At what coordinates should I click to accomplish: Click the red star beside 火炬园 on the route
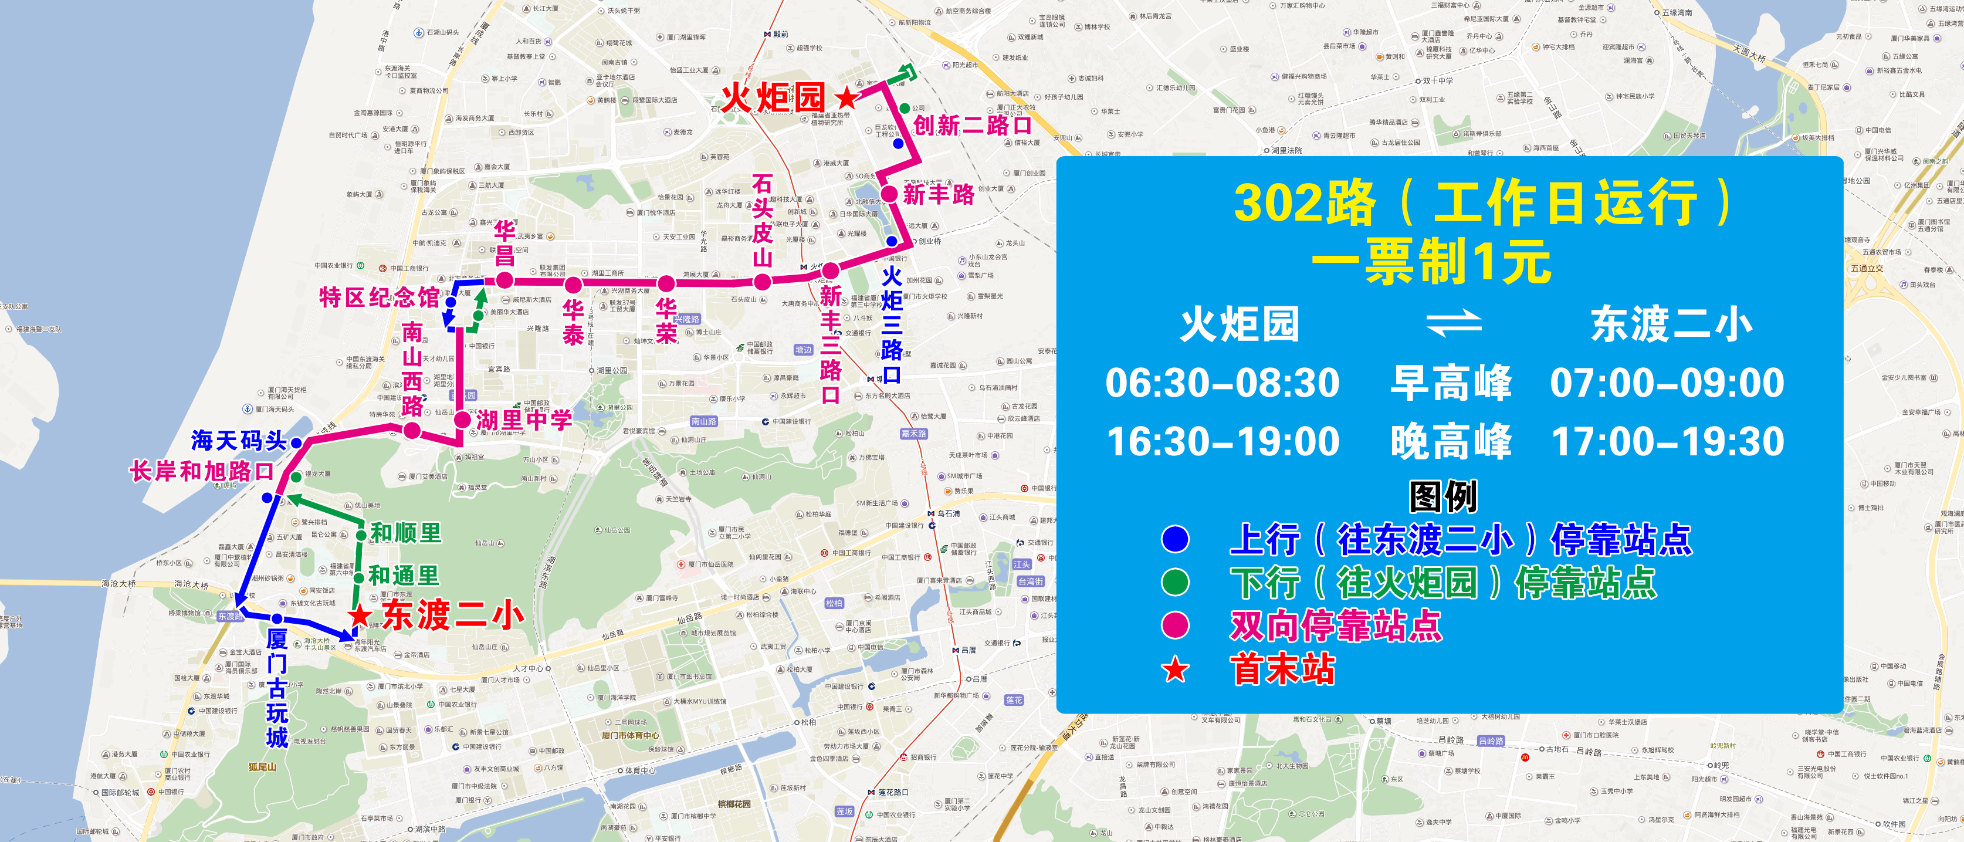coord(846,97)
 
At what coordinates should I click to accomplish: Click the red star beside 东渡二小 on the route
coord(360,616)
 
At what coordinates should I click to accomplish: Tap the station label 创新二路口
coord(971,124)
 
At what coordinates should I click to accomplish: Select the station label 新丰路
coord(938,194)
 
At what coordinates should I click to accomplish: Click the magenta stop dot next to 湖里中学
coord(462,420)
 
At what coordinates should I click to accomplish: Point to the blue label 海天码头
coord(238,441)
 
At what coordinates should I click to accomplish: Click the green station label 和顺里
coord(405,532)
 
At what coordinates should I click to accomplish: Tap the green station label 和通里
coord(404,575)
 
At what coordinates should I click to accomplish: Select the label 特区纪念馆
coord(379,297)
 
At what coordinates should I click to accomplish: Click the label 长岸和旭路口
coord(201,471)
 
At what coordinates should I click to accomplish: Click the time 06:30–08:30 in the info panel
coord(1222,383)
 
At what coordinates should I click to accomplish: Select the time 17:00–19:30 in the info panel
coord(1667,442)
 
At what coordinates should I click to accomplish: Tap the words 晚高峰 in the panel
coord(1450,442)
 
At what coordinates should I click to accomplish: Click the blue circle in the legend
coord(1175,539)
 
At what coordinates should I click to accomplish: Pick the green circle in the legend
coord(1175,582)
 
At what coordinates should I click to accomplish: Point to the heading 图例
coord(1442,497)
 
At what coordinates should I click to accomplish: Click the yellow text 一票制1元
coord(1431,262)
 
